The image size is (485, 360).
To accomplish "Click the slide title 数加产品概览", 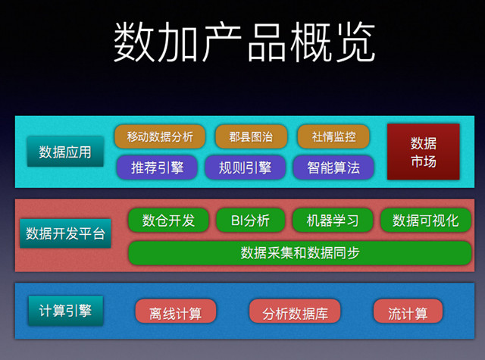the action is click(x=244, y=42).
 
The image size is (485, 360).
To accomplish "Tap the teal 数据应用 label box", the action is click(x=65, y=152).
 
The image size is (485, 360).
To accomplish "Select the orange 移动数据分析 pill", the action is click(x=160, y=136).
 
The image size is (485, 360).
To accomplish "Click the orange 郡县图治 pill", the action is click(x=251, y=136).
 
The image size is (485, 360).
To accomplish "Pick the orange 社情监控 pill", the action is click(x=333, y=136).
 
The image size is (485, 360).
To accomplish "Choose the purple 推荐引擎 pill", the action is click(x=157, y=167).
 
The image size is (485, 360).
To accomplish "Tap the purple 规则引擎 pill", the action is click(x=245, y=167).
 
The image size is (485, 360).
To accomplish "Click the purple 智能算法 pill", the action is click(x=333, y=167).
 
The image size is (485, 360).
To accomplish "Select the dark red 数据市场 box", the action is click(x=424, y=152).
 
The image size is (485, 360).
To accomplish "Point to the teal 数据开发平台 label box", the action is click(x=65, y=233).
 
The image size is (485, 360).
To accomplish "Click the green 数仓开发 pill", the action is click(x=168, y=221).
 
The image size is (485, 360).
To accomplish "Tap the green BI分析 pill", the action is click(x=251, y=221).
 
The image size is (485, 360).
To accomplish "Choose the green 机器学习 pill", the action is click(x=333, y=221).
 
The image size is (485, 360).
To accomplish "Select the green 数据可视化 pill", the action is click(x=426, y=221).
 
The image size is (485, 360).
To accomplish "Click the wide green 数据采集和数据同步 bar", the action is click(x=300, y=253).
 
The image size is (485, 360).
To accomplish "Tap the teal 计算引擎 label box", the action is click(x=66, y=311).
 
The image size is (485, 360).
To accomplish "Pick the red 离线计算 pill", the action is click(x=176, y=311).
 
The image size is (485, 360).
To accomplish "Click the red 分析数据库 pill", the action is click(x=295, y=311).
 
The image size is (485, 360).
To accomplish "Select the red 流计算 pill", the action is click(x=408, y=311).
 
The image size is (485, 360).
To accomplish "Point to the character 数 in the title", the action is click(x=134, y=42).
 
